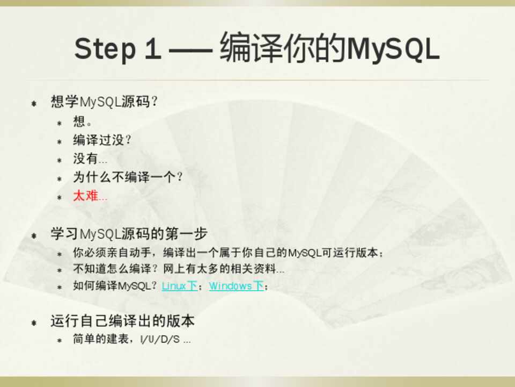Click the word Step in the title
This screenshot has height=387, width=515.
[x=105, y=49]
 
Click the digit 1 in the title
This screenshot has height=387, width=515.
[x=153, y=48]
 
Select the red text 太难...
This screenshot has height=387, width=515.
[x=86, y=196]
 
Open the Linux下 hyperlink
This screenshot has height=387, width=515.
[x=179, y=285]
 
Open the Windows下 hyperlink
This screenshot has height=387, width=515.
[x=237, y=285]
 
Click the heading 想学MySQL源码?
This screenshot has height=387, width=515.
[x=104, y=102]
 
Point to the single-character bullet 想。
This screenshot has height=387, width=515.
[x=83, y=121]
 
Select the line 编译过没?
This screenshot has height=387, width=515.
[x=102, y=140]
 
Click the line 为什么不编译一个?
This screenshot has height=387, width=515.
[x=128, y=177]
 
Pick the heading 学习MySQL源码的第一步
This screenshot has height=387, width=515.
[x=129, y=234]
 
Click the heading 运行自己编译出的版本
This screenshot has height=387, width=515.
[x=122, y=321]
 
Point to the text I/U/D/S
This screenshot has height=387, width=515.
[x=160, y=339]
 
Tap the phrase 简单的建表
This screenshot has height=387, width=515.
[x=100, y=339]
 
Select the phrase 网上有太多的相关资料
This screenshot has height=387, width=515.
[x=219, y=269]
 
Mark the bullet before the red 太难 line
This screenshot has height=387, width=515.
[x=60, y=197]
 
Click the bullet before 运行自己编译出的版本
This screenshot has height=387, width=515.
[x=34, y=322]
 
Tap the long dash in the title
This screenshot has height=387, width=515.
[x=190, y=51]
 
